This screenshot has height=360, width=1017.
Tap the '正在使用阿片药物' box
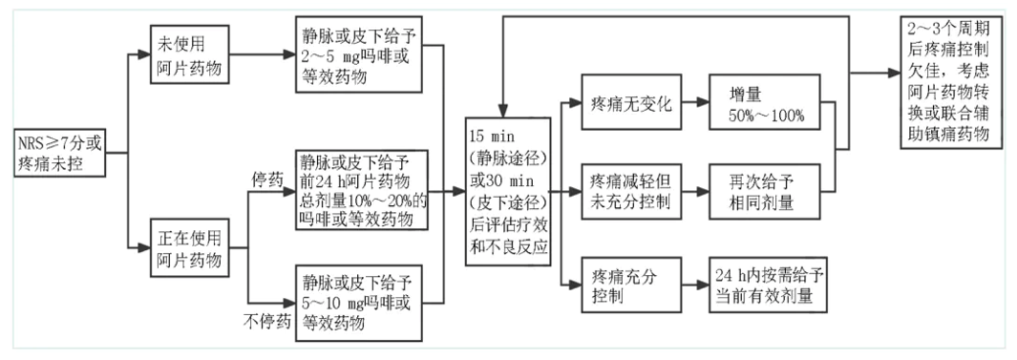pyautogui.click(x=188, y=248)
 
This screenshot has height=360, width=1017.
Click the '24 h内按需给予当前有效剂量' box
pyautogui.click(x=766, y=284)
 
